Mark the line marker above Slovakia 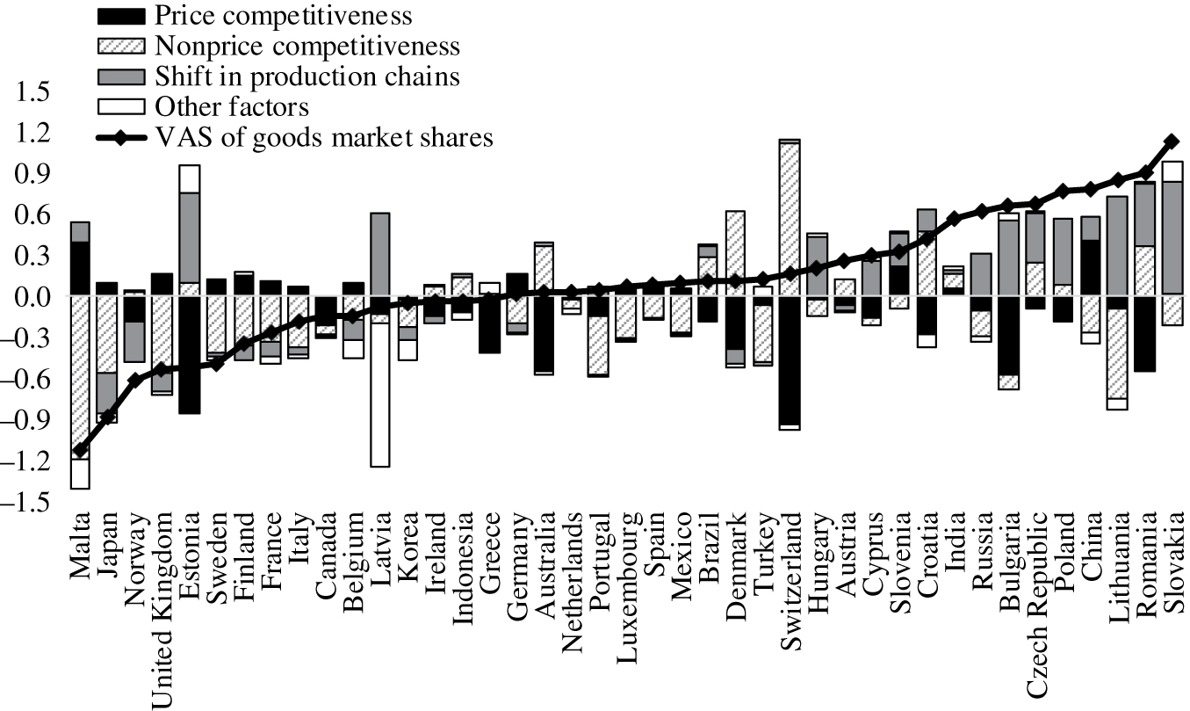point(1170,141)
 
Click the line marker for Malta point(81,450)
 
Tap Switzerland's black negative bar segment point(788,361)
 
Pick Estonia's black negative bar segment point(189,355)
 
